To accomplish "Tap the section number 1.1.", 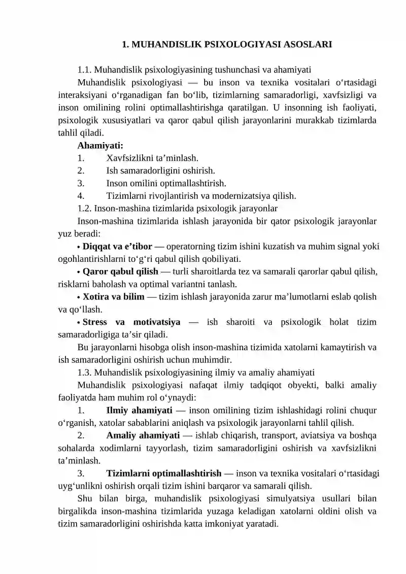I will (x=85, y=70).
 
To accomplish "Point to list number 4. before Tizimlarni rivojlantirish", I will (x=81, y=195).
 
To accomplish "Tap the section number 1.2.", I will (x=85, y=208).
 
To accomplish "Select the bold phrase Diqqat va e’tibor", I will (x=117, y=247).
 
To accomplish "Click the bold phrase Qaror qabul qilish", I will (x=120, y=271).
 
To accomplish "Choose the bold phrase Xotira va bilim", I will (x=113, y=296).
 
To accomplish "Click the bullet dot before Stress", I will (x=79, y=322).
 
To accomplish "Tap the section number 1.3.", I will (x=85, y=372).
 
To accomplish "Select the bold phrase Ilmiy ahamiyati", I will (x=139, y=410).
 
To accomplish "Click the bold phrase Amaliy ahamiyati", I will (x=143, y=435).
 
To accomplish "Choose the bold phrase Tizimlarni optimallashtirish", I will (x=163, y=474).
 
